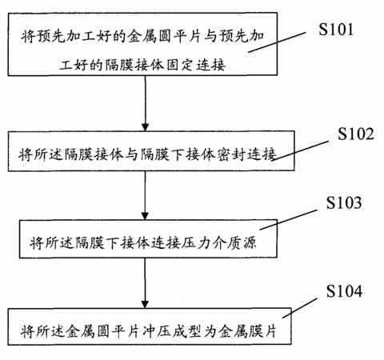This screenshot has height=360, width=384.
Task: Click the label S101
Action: coord(336,29)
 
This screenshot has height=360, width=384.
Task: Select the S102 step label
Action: coord(356,134)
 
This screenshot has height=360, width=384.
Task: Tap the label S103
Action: coord(344,202)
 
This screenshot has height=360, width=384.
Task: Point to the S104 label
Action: coord(344,290)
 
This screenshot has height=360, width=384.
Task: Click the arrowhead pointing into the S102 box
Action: coord(145,127)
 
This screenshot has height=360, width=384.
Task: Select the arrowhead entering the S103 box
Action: coord(145,216)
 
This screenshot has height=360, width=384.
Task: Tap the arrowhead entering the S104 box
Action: coord(145,304)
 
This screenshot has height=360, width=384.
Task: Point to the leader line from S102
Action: coord(300,150)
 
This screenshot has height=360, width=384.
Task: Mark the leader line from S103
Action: coord(288,220)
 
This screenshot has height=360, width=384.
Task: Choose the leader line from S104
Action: coord(300,308)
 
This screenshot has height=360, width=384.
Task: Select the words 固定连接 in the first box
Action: coord(196,65)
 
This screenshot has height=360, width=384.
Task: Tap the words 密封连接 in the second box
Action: coord(246,154)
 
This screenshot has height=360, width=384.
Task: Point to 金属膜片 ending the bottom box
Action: coord(247,331)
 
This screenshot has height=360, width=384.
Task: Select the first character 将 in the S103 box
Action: coord(36,242)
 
